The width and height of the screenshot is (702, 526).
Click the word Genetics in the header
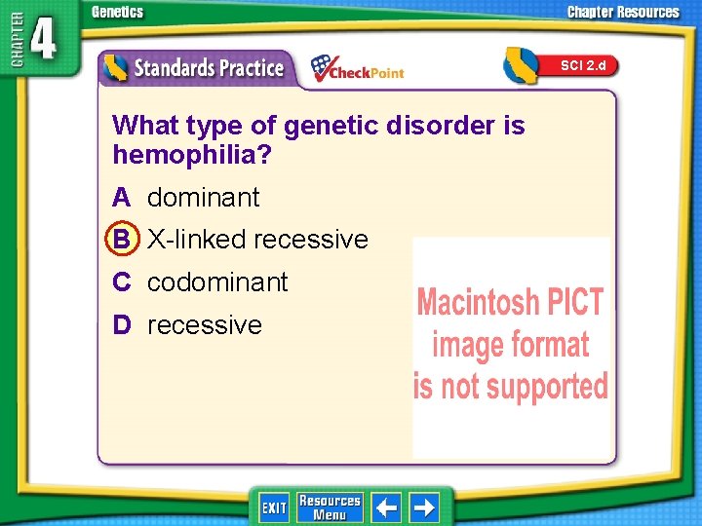(x=117, y=12)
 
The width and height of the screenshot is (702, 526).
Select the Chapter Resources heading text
(x=624, y=12)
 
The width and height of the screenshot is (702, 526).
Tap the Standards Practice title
(x=208, y=68)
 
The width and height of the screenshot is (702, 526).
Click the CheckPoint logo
(x=357, y=68)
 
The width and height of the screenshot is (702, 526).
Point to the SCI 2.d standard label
(x=582, y=65)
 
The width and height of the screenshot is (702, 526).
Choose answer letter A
(x=121, y=198)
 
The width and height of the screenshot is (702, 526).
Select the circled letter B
(x=121, y=240)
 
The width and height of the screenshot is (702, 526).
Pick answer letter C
(x=121, y=282)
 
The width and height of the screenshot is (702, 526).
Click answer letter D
(x=121, y=325)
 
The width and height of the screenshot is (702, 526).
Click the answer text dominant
(x=203, y=198)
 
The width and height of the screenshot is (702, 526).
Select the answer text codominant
(x=217, y=282)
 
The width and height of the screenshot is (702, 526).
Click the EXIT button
(x=274, y=507)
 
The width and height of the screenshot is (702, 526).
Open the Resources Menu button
(x=330, y=507)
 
